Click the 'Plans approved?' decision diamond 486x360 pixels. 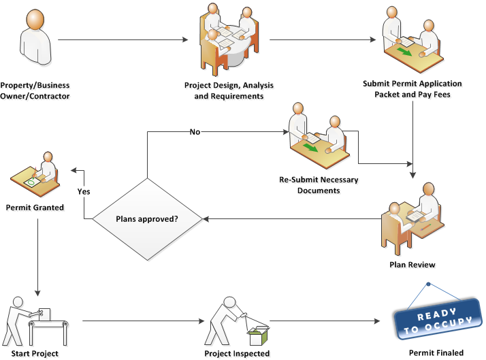[146, 219]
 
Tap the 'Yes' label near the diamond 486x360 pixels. [84, 191]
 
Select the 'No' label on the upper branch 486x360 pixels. [195, 131]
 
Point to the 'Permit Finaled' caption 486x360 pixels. [436, 353]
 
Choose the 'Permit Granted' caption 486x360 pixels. [35, 207]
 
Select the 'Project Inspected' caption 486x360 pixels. [237, 353]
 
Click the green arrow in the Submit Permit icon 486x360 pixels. [404, 52]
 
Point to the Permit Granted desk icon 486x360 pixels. [35, 174]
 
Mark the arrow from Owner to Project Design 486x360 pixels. [123, 40]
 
